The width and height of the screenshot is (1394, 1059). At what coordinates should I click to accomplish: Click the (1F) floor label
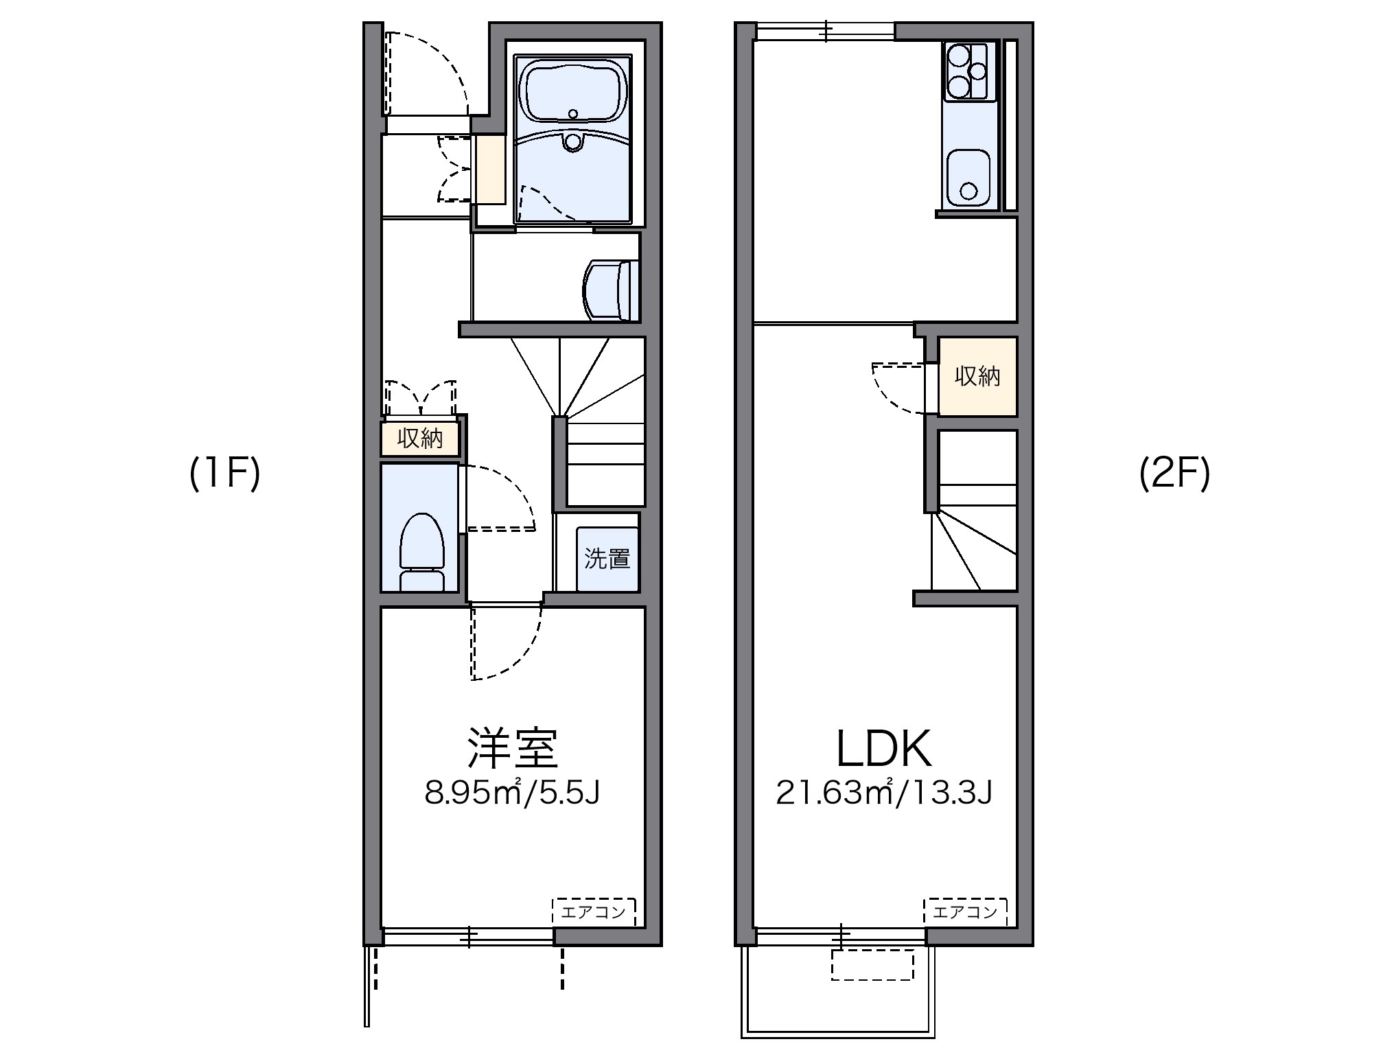(224, 474)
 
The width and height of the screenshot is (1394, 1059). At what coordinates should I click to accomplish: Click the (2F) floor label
(1174, 474)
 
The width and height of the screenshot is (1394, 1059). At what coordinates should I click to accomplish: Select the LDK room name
(884, 749)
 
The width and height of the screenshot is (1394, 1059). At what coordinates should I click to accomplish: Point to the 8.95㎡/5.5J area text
(512, 793)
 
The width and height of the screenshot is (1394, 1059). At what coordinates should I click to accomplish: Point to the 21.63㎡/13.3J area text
(884, 793)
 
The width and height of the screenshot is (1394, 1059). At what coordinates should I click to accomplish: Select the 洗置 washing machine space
(607, 559)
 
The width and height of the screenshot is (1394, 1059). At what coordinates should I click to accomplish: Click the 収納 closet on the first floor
(419, 438)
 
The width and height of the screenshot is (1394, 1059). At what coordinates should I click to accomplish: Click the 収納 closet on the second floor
(977, 376)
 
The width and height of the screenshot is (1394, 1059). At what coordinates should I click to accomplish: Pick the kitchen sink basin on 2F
(968, 178)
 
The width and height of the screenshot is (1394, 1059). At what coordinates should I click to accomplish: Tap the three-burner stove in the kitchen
(965, 71)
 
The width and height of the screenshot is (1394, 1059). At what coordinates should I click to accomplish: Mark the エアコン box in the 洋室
(594, 912)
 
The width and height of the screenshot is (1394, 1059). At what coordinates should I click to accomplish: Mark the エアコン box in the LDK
(965, 912)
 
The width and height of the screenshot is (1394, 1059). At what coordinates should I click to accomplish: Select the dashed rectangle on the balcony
(872, 965)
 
